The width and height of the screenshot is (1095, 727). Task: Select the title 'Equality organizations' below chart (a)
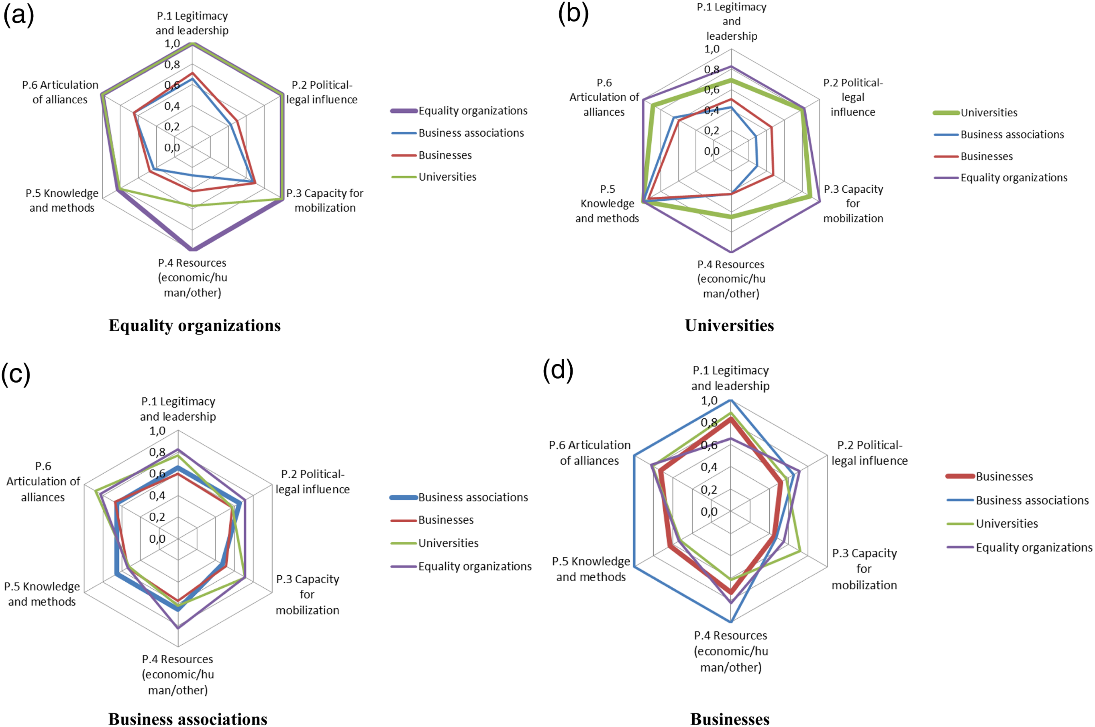(195, 326)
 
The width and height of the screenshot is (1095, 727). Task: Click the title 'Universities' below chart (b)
(730, 326)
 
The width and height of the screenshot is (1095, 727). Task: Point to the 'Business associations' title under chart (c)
(188, 719)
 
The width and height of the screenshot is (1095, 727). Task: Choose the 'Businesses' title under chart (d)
(730, 719)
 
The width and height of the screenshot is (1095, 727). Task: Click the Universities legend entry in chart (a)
(434, 177)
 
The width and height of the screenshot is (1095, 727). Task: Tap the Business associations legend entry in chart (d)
(1018, 500)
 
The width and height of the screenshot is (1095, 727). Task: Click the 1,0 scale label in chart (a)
(172, 44)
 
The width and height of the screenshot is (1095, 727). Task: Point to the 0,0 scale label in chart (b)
(712, 151)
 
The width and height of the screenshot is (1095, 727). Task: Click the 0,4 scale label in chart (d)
(709, 467)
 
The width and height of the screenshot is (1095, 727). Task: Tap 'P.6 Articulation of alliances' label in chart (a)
(60, 92)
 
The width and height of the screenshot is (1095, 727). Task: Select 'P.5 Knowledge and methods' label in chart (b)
(607, 204)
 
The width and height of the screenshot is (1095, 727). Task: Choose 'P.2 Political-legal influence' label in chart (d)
(870, 452)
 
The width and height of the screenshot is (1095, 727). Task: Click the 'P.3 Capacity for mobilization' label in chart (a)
(325, 200)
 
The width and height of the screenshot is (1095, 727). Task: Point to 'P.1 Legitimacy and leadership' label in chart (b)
(731, 21)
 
